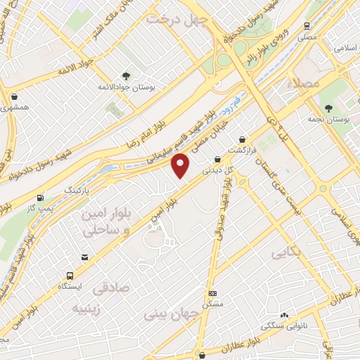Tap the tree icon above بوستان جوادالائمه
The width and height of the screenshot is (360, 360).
pos(127,75)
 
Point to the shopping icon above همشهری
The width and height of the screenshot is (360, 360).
pos(14,96)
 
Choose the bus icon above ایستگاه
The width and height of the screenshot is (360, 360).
pos(70,276)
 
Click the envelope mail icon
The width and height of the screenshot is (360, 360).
pos(85,257)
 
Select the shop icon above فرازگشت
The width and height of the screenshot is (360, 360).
pos(243,139)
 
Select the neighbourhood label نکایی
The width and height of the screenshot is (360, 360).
pos(288,250)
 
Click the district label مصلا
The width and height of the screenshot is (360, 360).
pos(304,84)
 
